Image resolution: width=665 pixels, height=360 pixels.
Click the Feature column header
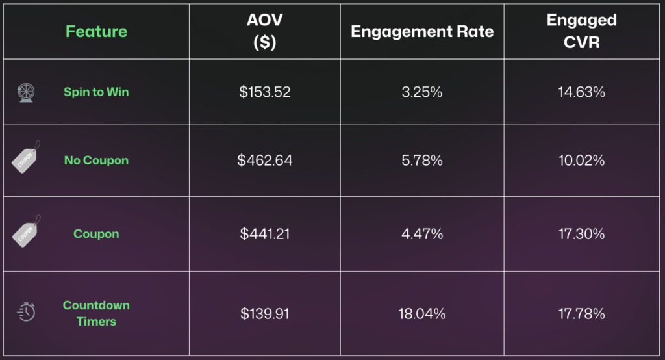click(96, 31)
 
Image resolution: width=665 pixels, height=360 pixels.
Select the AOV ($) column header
click(264, 31)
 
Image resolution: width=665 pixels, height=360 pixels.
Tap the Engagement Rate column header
click(422, 32)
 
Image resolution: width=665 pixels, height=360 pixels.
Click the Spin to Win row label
click(96, 92)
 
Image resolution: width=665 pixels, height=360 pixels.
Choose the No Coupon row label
click(96, 160)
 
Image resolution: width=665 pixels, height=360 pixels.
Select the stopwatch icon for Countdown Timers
click(26, 312)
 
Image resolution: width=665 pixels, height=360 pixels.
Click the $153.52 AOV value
click(264, 92)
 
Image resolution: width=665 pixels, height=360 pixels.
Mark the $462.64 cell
click(264, 160)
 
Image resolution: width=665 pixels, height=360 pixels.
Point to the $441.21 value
click(264, 234)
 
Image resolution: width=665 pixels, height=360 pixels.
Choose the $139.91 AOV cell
click(264, 314)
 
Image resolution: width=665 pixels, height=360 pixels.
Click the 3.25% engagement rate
click(422, 92)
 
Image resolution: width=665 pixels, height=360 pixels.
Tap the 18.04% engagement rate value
click(422, 314)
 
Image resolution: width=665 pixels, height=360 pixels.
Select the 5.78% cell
click(422, 160)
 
